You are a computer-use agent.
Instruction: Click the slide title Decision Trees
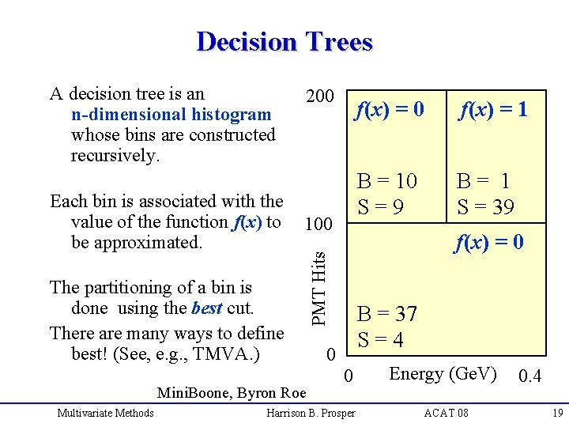[x=284, y=41]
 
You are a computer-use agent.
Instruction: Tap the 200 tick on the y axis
[x=319, y=96]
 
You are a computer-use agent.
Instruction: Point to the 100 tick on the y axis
[x=318, y=225]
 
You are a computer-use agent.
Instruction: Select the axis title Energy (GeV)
[x=443, y=373]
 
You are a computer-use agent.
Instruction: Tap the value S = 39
[x=485, y=207]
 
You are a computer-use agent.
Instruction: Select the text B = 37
[x=387, y=314]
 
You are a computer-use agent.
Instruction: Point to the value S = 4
[x=381, y=340]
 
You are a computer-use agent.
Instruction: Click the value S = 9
[x=381, y=207]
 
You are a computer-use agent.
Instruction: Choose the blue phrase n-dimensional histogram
[x=171, y=115]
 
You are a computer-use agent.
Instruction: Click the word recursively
[x=115, y=156]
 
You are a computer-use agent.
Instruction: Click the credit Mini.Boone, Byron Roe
[x=232, y=393]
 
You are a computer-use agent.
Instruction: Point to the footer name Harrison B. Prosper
[x=311, y=413]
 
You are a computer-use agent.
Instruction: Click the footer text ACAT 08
[x=446, y=413]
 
